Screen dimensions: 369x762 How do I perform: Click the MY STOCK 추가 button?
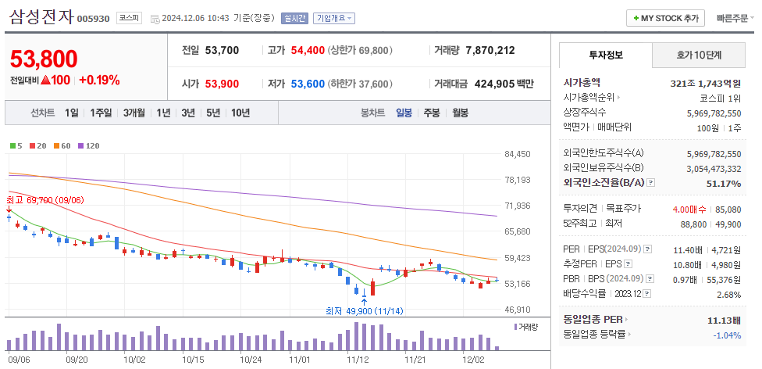pos(666,18)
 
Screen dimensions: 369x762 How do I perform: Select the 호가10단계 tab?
pos(699,56)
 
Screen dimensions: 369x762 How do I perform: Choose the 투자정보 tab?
pos(606,56)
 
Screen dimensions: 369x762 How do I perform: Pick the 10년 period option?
pos(240,113)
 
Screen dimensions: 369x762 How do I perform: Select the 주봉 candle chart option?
pos(432,113)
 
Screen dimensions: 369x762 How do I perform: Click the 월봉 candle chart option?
pos(460,113)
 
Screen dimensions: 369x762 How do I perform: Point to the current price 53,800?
pos(44,59)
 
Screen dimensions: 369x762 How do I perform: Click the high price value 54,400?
pos(307,50)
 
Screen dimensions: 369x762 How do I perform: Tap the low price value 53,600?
pos(307,84)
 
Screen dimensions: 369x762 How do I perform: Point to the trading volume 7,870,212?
pos(490,50)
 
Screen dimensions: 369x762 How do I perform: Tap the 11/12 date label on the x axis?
pos(357,360)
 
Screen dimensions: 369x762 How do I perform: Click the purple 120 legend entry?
pos(88,145)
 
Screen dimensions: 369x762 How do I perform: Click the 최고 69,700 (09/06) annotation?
pos(45,200)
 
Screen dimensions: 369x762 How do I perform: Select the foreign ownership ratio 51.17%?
pos(722,184)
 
